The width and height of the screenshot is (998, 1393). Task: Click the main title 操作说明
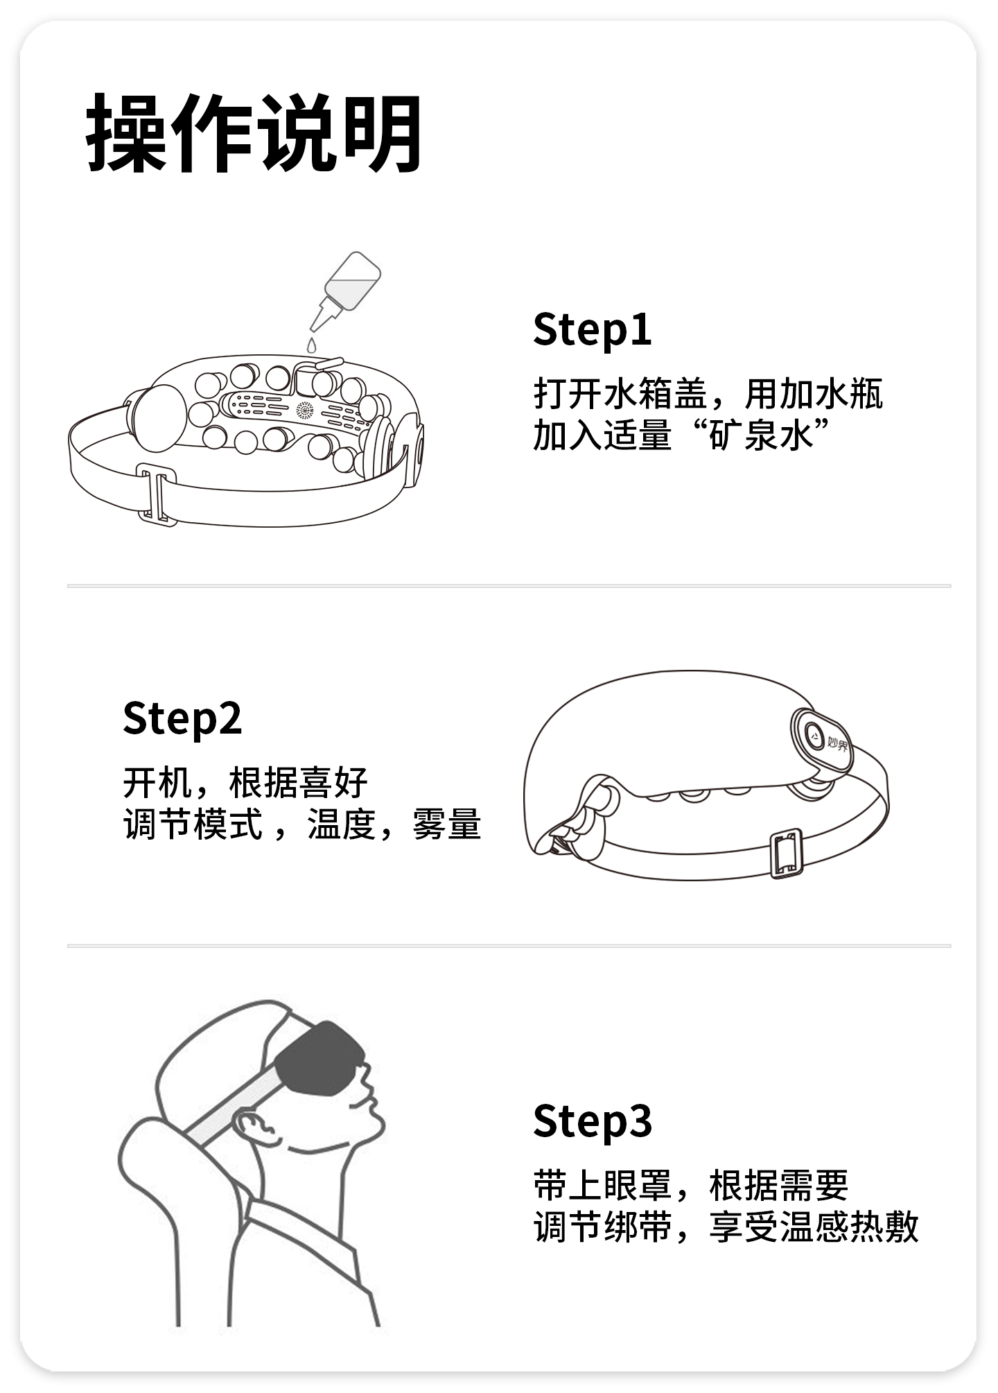click(254, 133)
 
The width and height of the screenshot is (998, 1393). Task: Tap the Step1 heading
click(592, 330)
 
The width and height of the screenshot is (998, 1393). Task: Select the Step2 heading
click(182, 718)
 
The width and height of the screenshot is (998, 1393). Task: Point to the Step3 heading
click(592, 1121)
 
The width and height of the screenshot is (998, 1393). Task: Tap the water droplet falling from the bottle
click(312, 345)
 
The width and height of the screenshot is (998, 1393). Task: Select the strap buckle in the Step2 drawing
click(787, 854)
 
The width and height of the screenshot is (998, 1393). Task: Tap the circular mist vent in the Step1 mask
click(306, 410)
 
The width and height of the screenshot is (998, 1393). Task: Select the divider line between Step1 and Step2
click(509, 586)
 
